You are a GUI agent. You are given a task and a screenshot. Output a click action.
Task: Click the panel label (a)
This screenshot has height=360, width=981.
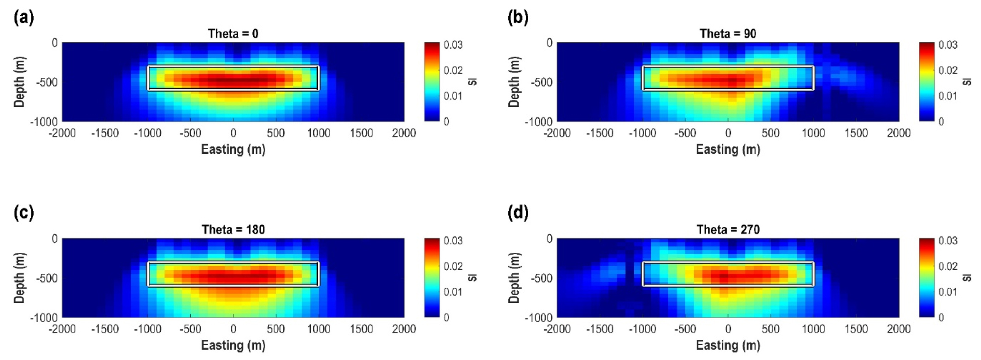[24, 18]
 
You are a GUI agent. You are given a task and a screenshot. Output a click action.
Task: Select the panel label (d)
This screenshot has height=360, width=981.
[518, 213]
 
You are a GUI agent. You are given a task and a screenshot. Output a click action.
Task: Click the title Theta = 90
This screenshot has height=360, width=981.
[728, 34]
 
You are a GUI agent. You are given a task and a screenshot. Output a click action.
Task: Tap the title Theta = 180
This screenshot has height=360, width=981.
[233, 229]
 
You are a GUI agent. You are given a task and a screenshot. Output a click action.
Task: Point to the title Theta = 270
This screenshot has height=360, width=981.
[728, 229]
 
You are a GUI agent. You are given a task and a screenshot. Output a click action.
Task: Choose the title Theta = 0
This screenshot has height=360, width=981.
[233, 34]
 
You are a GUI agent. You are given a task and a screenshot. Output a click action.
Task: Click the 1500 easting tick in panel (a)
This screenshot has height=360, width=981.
[361, 134]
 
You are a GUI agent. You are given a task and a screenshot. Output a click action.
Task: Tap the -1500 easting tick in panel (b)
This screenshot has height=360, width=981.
[599, 134]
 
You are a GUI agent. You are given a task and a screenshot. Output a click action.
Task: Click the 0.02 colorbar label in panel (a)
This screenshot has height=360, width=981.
[453, 70]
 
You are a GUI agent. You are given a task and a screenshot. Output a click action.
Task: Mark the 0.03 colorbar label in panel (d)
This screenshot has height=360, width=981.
[948, 241]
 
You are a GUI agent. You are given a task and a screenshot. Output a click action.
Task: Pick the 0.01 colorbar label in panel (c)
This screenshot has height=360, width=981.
[453, 292]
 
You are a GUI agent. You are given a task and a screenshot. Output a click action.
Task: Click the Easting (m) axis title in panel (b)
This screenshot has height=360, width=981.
[728, 149]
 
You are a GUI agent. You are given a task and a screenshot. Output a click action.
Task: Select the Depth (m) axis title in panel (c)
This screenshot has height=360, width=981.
[19, 278]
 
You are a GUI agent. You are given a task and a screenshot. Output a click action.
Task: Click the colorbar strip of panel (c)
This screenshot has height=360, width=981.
[432, 278]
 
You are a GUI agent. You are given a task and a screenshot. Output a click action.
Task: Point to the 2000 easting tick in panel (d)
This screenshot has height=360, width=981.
[899, 329]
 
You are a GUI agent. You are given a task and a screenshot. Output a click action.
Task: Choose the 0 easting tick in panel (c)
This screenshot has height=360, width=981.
[233, 329]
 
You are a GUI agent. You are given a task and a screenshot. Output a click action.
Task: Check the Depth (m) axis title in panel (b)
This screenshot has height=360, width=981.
[514, 81]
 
